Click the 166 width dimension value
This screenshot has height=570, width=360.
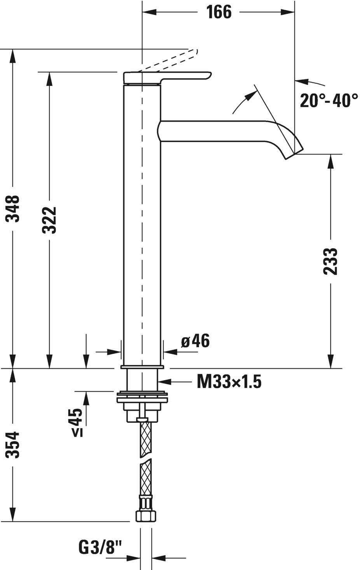point(219,12)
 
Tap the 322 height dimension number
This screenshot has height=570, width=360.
point(49,220)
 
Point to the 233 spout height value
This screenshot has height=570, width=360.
point(330,261)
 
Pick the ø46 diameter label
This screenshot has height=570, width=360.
point(195,341)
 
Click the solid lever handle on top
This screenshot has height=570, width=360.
point(167,77)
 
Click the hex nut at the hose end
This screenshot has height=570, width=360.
point(146,516)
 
